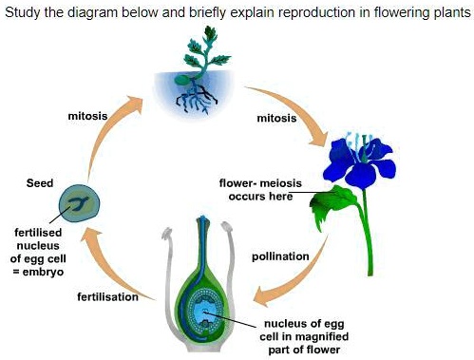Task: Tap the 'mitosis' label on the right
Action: click(x=276, y=119)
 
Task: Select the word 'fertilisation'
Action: click(x=108, y=297)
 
